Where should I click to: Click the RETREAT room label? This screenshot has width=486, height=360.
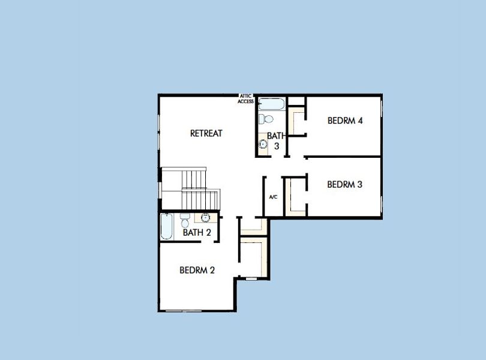click(x=206, y=133)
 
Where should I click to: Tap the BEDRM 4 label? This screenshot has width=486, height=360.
click(x=345, y=121)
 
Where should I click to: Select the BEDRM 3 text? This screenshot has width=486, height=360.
click(x=344, y=185)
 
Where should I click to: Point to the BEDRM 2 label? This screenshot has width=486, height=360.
click(x=197, y=270)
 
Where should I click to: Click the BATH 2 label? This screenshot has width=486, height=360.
click(x=197, y=233)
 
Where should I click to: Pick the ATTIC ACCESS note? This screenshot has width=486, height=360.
click(x=246, y=98)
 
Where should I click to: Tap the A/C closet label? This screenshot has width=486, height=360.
click(x=273, y=197)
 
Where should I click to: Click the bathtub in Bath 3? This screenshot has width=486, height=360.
click(x=272, y=103)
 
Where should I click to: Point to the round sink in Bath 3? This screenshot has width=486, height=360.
click(x=263, y=144)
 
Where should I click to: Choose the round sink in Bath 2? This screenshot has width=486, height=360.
click(x=205, y=218)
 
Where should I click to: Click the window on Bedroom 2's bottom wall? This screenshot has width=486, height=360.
click(x=184, y=310)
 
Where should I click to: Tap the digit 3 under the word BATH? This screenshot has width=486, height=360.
click(x=277, y=146)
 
